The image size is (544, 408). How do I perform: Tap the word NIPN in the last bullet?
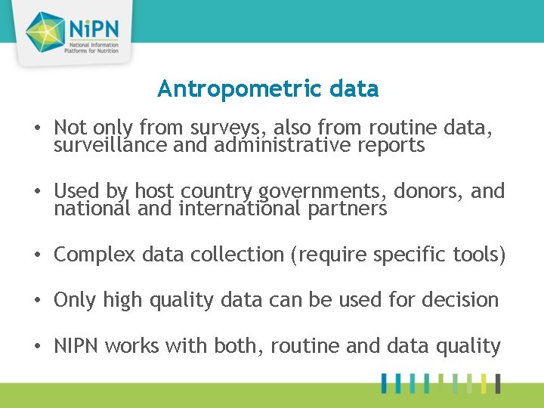(77, 346)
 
